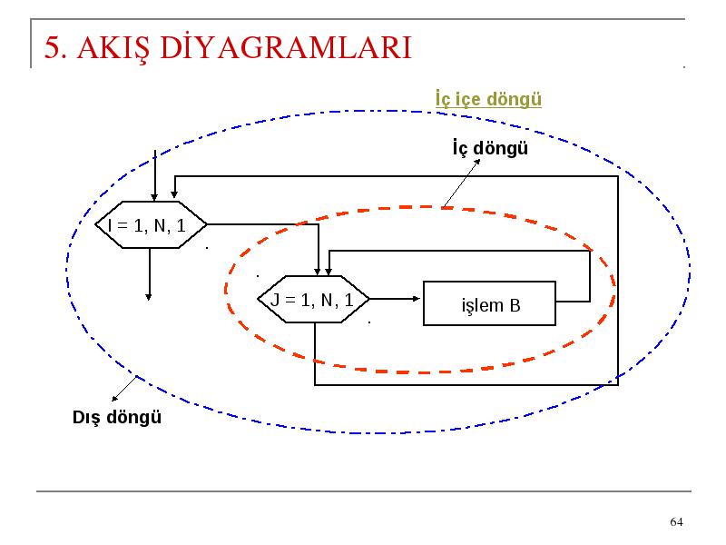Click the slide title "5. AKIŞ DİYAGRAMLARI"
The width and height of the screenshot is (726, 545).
(228, 48)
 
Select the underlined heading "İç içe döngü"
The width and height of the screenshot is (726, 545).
(488, 100)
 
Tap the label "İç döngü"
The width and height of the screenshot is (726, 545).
(490, 148)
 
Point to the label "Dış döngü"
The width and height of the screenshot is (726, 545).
(117, 417)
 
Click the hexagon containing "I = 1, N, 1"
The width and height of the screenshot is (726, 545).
(151, 224)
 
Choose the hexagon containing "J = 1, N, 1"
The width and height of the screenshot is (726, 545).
(313, 300)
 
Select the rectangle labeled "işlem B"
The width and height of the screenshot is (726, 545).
(489, 303)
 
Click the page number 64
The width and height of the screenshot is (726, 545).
(676, 521)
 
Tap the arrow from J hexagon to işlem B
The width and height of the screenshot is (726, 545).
(395, 299)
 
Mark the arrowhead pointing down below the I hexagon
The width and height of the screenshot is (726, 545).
(149, 297)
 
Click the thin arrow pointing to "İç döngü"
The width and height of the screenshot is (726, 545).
(462, 183)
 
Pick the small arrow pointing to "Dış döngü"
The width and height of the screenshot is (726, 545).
(124, 389)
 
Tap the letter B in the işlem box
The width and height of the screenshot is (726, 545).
(515, 306)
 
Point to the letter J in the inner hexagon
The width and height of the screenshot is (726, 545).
(275, 301)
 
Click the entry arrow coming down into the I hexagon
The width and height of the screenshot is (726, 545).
(154, 175)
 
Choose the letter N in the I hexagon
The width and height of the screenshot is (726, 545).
(160, 225)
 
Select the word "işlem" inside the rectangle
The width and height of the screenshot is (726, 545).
(482, 306)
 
